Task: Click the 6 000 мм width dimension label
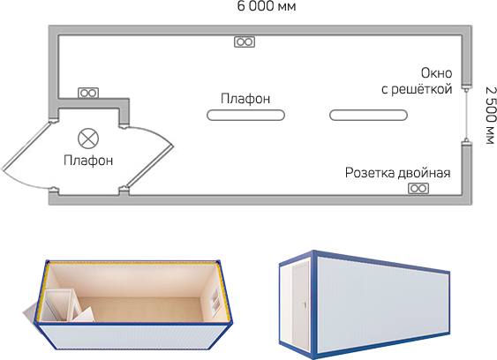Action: (x=267, y=5)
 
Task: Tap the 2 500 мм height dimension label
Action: (x=490, y=116)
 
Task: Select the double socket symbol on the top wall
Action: (x=245, y=41)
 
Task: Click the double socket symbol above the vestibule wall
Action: (x=88, y=94)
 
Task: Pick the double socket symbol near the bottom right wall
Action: (x=418, y=189)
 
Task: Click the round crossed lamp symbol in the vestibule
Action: (x=88, y=139)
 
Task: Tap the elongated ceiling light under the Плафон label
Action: (x=245, y=115)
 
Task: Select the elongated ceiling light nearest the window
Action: (x=368, y=115)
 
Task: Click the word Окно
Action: (x=436, y=73)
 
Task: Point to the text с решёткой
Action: (x=417, y=89)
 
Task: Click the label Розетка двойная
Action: (x=397, y=173)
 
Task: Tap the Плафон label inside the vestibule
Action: (x=88, y=161)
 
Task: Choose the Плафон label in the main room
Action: (x=245, y=99)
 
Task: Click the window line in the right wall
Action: (x=466, y=115)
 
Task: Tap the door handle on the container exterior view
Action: (x=305, y=305)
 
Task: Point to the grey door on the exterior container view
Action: (x=300, y=304)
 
